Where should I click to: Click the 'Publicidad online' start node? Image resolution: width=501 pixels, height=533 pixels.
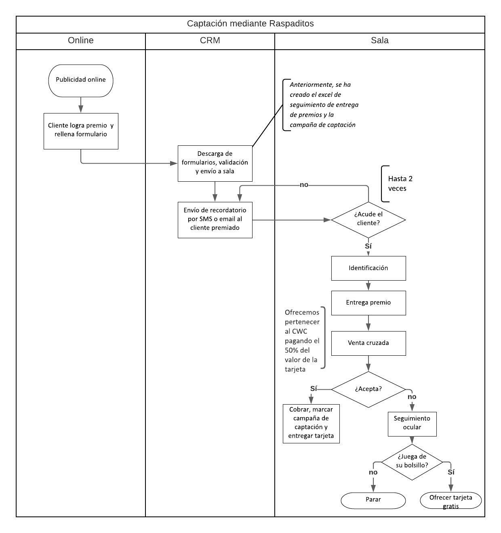point(81,80)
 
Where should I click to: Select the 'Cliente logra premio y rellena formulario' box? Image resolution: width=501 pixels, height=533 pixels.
point(81,131)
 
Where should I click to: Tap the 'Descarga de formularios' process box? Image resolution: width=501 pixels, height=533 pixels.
point(215,163)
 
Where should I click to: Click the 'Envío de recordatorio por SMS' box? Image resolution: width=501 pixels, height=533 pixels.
point(215,220)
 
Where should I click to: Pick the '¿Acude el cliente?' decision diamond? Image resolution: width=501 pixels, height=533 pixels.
point(368,220)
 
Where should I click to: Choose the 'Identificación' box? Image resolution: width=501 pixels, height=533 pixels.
point(368,268)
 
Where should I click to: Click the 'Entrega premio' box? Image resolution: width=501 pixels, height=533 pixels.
point(368,303)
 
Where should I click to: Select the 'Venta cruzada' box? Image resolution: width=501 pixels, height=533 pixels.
point(368,343)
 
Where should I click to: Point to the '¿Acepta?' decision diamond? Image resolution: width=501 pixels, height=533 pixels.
point(368,389)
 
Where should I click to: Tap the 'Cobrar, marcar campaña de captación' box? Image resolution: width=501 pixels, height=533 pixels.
point(311,423)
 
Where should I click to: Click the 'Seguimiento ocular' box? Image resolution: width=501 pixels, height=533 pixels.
point(412,424)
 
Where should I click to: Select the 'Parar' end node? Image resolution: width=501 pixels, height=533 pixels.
point(373,500)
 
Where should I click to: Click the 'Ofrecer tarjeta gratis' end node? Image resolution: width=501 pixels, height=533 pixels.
point(451,501)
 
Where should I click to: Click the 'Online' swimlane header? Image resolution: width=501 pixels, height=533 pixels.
point(81,41)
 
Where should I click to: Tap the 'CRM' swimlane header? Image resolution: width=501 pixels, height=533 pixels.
point(210,41)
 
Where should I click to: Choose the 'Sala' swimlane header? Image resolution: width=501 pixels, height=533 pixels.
point(380,41)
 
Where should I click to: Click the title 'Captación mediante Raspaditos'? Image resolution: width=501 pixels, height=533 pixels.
point(250,24)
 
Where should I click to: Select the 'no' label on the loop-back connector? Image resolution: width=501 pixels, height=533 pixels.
point(304,185)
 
